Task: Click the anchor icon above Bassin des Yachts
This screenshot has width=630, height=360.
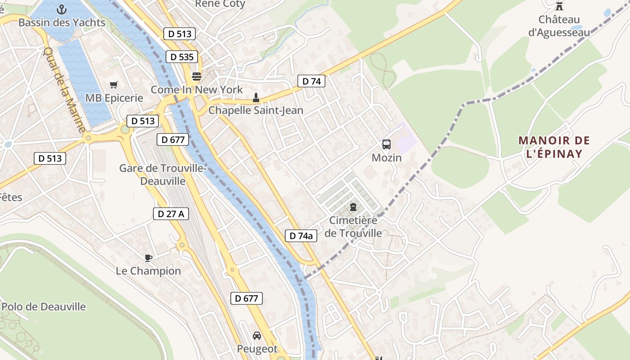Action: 62,9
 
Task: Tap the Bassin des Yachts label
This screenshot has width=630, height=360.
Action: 62,22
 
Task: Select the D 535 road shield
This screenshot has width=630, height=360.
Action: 182,57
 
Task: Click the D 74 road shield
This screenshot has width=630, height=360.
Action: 311,81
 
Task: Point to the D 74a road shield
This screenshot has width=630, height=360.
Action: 301,235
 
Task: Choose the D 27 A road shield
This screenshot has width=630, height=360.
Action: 171,214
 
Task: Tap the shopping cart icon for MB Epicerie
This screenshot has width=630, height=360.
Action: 114,85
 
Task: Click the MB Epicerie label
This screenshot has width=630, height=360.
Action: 114,98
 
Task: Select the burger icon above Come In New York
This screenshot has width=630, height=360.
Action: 196,76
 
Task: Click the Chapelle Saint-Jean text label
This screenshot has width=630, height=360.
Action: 256,110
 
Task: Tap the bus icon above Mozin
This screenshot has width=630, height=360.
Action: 387,144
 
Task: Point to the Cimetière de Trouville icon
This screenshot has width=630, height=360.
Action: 353,207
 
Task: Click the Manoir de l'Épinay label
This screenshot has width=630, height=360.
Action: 554,147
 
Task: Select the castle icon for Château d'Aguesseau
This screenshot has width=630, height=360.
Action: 559,6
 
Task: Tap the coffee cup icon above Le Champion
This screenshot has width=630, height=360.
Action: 148,258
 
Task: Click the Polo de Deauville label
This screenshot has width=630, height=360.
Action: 44,307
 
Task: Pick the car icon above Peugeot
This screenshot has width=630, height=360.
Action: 257,336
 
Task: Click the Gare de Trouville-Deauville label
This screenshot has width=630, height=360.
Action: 162,175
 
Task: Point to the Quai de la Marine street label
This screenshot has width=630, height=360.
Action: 65,90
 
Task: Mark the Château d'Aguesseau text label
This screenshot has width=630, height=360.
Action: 559,26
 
